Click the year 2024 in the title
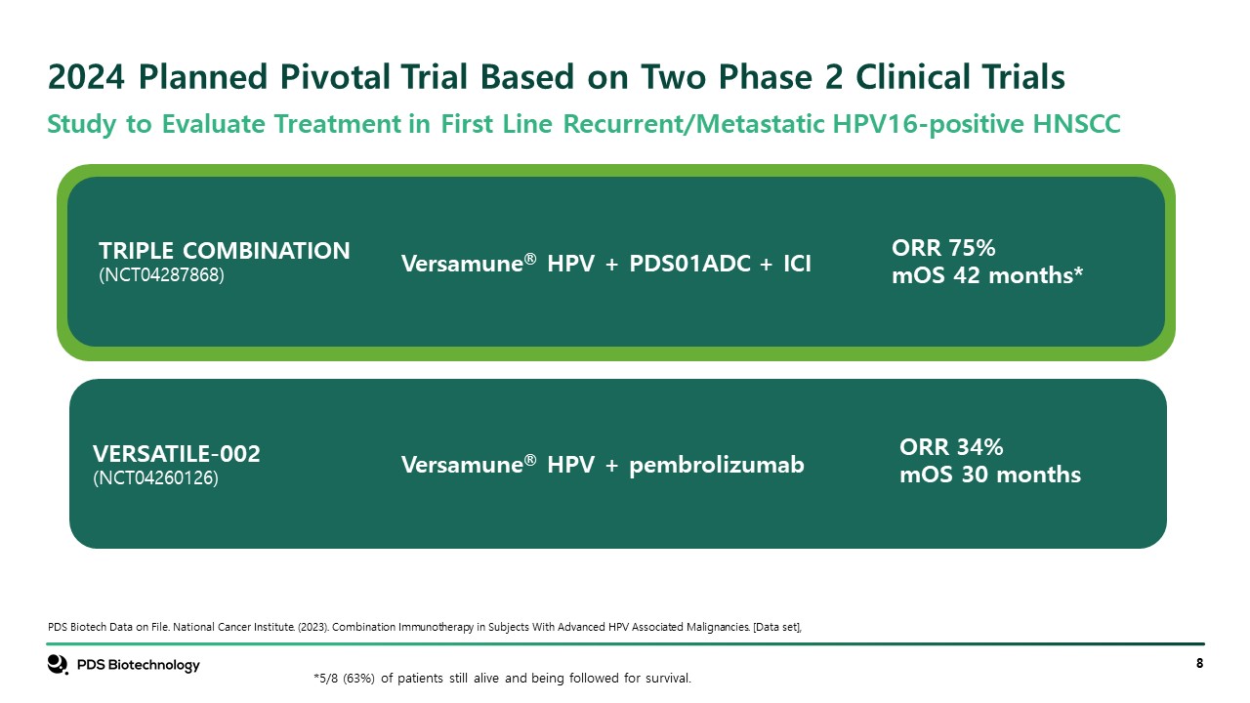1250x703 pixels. coord(86,76)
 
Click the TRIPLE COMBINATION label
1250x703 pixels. coord(225,251)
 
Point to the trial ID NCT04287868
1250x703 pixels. coord(161,274)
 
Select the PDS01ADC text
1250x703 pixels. coord(689,264)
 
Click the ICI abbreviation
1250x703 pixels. coord(797,264)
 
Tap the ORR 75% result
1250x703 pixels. coord(943,248)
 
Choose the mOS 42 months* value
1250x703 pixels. coord(987,275)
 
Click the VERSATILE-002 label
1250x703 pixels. coord(177,454)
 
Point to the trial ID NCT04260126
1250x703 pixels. coord(155,477)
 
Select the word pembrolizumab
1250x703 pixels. coord(717,465)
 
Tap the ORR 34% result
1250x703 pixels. coord(951,447)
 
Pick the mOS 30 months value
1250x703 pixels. coord(990,475)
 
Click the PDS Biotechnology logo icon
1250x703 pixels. coord(58,665)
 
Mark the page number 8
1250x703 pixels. coord(1200,663)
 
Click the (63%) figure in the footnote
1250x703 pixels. coord(358,679)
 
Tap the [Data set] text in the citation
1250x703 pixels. coord(776,627)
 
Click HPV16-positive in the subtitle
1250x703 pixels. coord(928,124)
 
